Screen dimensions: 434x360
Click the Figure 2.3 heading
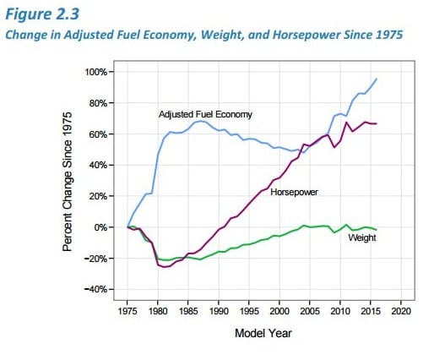coord(42,14)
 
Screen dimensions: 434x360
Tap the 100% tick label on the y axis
coord(96,72)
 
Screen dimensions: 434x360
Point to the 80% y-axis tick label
coord(98,103)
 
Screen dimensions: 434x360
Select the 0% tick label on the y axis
coord(100,227)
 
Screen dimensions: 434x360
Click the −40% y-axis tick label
coord(96,289)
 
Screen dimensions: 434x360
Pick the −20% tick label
coord(96,259)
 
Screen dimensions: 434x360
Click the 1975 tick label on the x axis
coord(127,311)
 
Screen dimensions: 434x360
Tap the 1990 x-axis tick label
coord(219,311)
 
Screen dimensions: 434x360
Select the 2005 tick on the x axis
coord(310,311)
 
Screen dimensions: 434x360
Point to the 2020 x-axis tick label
coord(401,311)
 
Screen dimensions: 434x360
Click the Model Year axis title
coord(263,333)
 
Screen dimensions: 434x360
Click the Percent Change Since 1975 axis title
coord(68,182)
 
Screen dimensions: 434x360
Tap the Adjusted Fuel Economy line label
coord(205,114)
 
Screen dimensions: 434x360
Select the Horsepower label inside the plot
coord(294,192)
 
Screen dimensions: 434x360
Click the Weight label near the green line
coord(362,237)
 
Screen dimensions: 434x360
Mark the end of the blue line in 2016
coord(377,79)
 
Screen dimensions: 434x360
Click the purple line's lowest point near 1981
coord(164,267)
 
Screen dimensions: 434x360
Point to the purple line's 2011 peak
coord(346,123)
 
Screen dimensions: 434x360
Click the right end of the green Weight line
coord(377,230)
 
